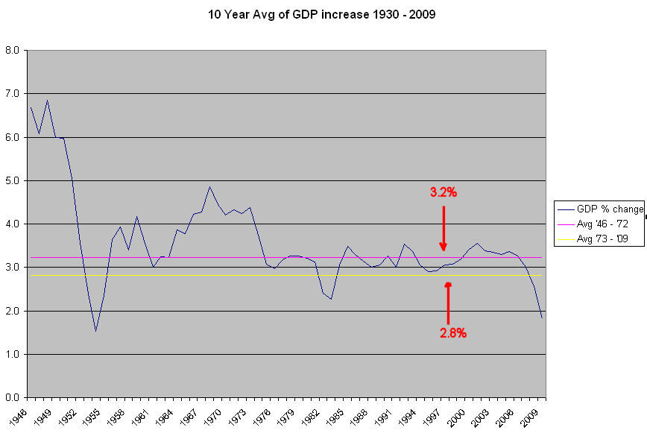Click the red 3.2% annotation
pos(443,192)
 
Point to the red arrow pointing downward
pos(444,227)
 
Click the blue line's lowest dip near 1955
pos(95,331)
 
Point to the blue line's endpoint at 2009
pos(542,318)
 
